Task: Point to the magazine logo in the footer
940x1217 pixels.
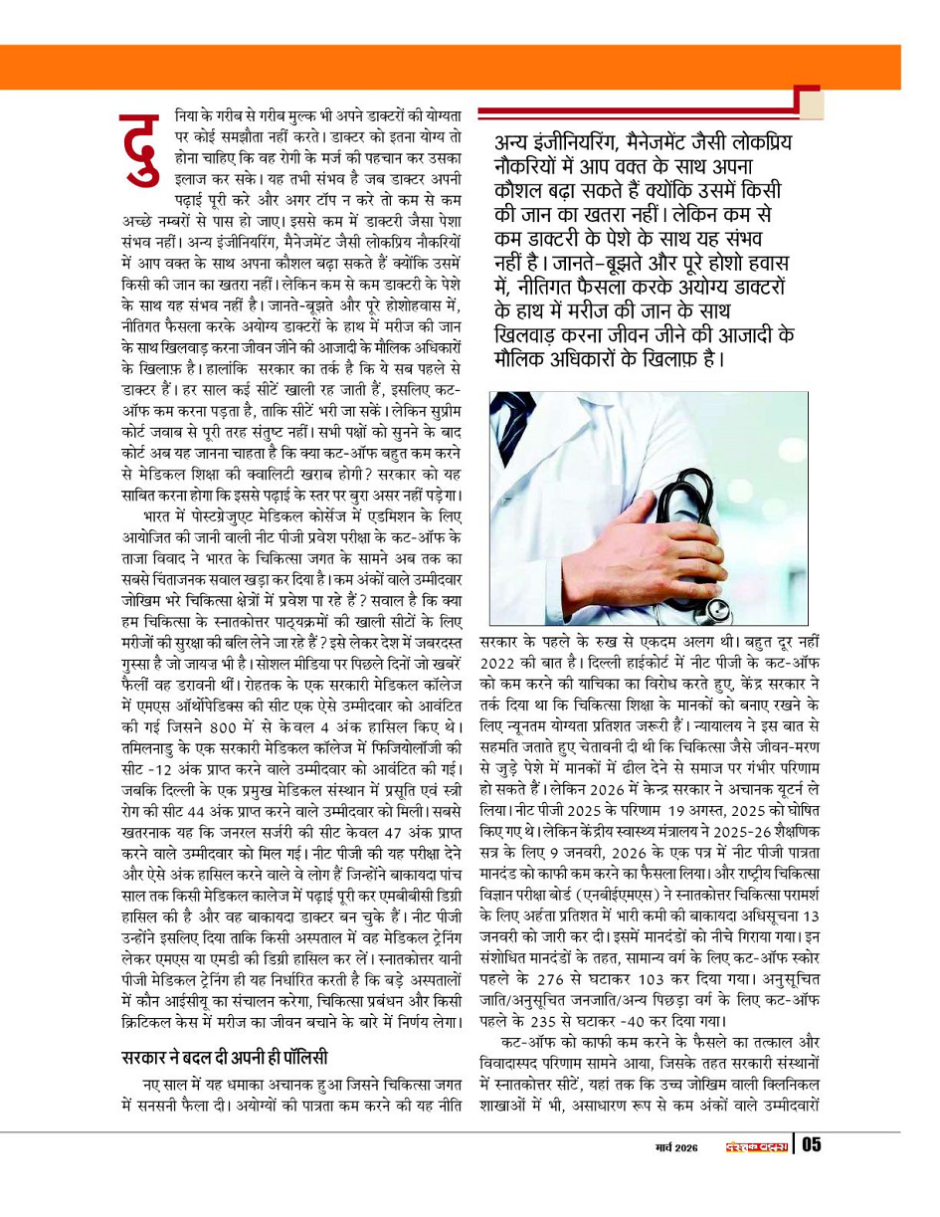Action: coord(756,1146)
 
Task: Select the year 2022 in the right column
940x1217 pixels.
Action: coord(500,662)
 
